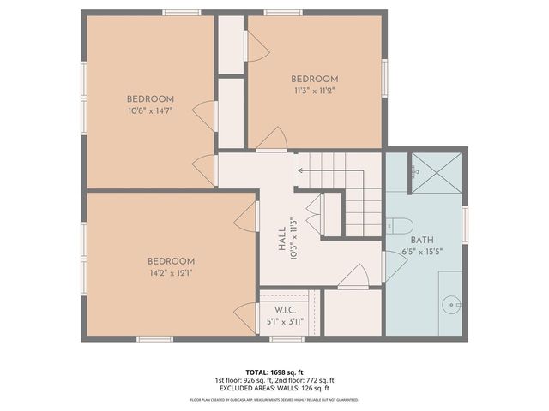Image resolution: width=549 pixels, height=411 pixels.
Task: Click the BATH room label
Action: pyautogui.click(x=423, y=240)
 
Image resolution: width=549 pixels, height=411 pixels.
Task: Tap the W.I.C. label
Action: pyautogui.click(x=284, y=309)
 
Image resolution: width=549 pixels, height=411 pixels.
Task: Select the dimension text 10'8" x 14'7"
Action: pyautogui.click(x=151, y=110)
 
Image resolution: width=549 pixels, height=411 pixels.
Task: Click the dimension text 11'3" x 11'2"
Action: pyautogui.click(x=314, y=90)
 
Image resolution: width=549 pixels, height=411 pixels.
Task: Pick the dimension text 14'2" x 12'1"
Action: pyautogui.click(x=171, y=273)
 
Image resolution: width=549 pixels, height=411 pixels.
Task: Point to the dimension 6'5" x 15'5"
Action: pyautogui.click(x=423, y=252)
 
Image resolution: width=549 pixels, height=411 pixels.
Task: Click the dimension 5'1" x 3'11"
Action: pyautogui.click(x=284, y=322)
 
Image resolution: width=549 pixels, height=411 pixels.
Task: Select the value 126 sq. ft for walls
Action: pyautogui.click(x=306, y=388)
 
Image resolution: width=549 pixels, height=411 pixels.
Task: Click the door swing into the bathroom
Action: pyautogui.click(x=394, y=265)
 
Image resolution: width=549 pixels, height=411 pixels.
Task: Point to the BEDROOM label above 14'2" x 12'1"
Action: pyautogui.click(x=171, y=261)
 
